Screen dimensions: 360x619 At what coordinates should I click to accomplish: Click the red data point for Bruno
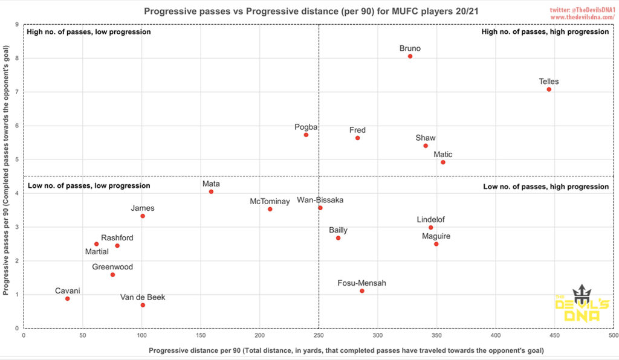[x=410, y=56]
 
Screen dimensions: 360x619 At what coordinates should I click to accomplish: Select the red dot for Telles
[x=549, y=89]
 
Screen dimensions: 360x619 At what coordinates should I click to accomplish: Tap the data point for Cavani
[x=67, y=298]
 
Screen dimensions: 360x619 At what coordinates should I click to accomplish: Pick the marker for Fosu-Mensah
[x=362, y=291]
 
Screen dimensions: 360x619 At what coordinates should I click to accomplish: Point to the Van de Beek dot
[x=143, y=305]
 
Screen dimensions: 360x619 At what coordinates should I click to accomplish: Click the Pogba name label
[x=306, y=127]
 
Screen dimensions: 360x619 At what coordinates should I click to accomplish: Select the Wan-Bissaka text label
[x=320, y=200]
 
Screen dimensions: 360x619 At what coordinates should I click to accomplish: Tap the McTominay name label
[x=270, y=201]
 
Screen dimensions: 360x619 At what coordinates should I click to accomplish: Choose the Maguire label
[x=436, y=236]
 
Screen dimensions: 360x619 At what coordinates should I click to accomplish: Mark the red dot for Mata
[x=211, y=191]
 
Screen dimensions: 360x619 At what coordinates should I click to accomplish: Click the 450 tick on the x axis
[x=554, y=334]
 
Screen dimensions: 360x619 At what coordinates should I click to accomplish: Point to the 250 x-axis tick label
[x=319, y=334]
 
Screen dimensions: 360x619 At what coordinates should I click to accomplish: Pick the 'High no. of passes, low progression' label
[x=89, y=31]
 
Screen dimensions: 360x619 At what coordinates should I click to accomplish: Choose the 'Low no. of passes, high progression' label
[x=546, y=187]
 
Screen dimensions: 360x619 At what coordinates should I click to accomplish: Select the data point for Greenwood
[x=112, y=275]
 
